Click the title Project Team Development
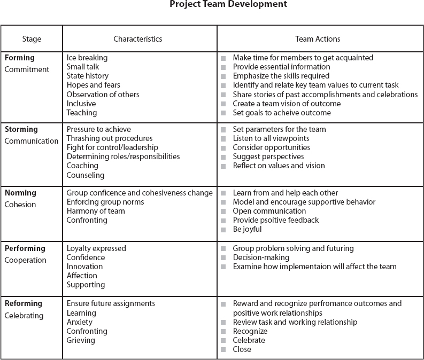[x=228, y=4]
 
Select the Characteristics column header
[x=138, y=39]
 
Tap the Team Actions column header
[x=318, y=39]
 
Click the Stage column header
[x=32, y=39]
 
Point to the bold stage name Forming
[x=19, y=58]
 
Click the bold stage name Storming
[x=21, y=129]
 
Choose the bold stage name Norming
[x=20, y=193]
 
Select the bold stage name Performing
[x=25, y=248]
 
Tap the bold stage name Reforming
[x=24, y=303]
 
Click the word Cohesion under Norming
[x=20, y=205]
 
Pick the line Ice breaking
[x=87, y=58]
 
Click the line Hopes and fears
[x=93, y=85]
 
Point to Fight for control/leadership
[x=112, y=147]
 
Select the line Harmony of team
[x=96, y=211]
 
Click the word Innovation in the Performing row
[x=84, y=267]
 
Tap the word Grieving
[x=81, y=340]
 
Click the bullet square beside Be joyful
[x=223, y=230]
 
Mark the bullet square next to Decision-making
[x=223, y=257]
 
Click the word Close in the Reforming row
[x=242, y=349]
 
